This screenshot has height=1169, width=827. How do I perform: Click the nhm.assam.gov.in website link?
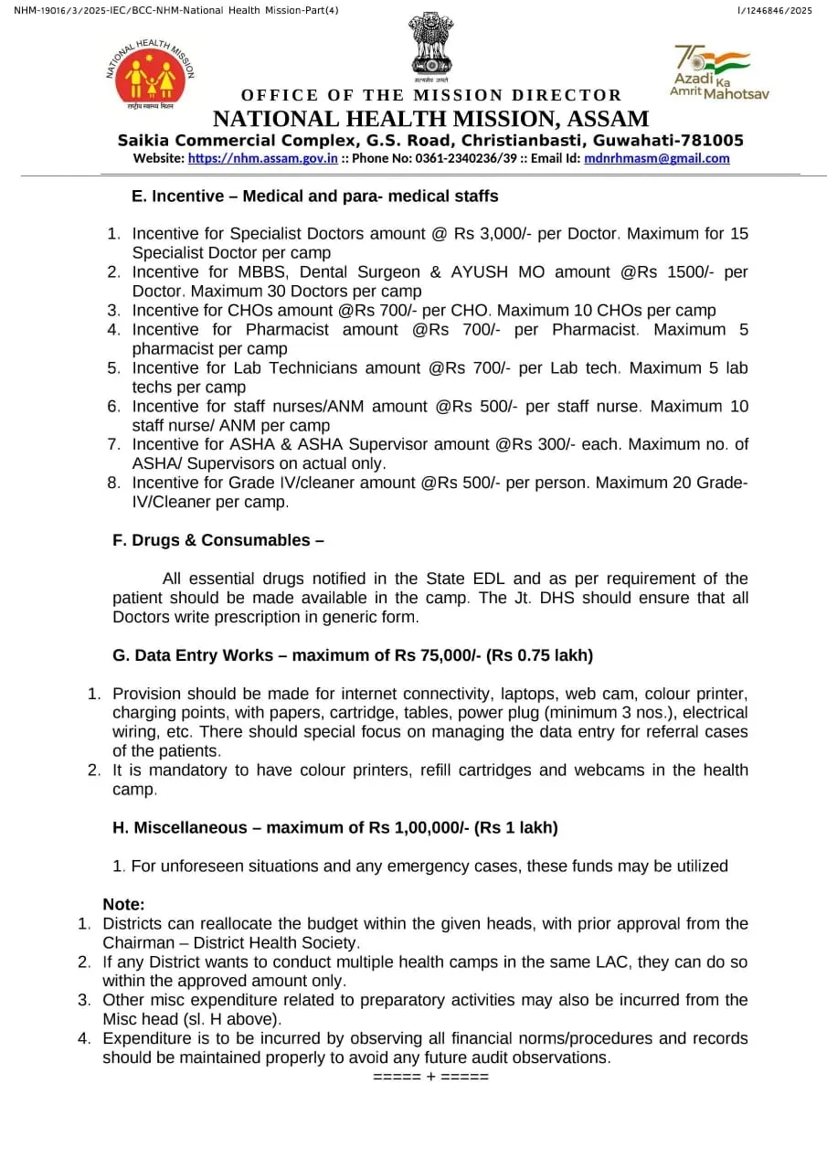point(263,158)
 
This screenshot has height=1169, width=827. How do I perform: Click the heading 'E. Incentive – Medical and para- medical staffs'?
point(314,196)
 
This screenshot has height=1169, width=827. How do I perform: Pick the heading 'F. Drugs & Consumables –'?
point(218,540)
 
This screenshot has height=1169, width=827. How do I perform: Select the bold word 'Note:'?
point(123,905)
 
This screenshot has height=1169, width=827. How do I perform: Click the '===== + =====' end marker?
point(430,1077)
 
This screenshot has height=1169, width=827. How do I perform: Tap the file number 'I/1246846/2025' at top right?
point(774,10)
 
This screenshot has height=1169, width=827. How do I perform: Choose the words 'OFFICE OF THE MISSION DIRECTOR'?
point(431,96)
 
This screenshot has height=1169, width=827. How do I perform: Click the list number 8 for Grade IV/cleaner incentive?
point(113,483)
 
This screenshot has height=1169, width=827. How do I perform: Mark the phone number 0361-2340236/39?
point(452,158)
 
